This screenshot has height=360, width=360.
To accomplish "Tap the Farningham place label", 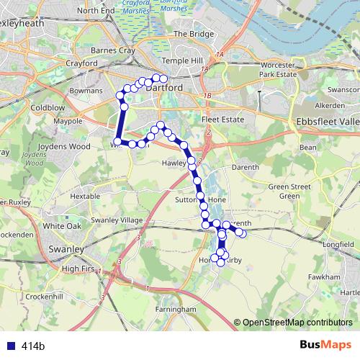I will [x=176, y=309].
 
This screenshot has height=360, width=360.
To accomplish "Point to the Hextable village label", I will [x=85, y=196].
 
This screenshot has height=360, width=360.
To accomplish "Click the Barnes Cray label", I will [x=113, y=51].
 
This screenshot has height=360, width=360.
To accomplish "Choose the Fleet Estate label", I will [x=222, y=119].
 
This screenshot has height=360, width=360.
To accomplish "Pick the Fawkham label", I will [x=323, y=276].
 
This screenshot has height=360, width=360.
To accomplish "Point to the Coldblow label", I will [x=48, y=108].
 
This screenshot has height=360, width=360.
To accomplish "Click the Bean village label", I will [x=308, y=147].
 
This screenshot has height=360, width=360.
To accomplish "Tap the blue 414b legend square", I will [x=9, y=346].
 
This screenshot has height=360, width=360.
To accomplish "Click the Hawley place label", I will [x=174, y=163].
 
